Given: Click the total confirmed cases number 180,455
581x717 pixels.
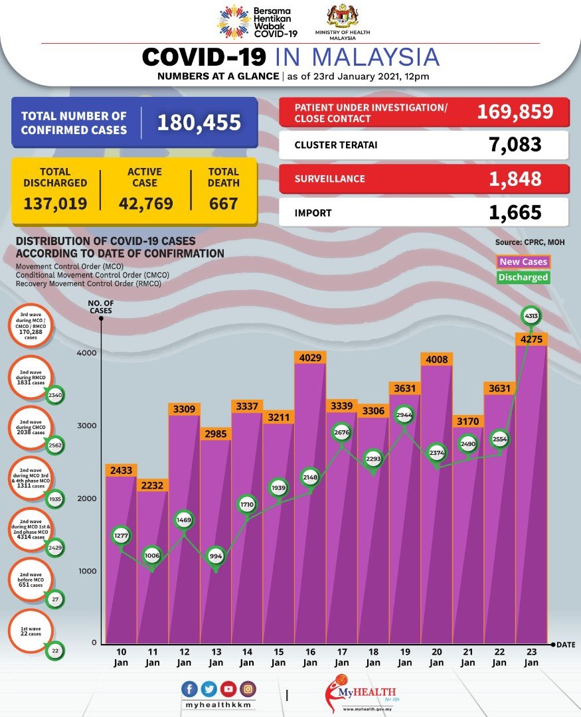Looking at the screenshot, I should pyautogui.click(x=199, y=123).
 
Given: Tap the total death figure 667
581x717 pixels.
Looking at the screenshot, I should pyautogui.click(x=223, y=203).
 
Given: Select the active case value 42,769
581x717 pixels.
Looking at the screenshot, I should pyautogui.click(x=145, y=203).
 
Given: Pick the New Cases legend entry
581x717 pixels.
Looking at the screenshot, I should pyautogui.click(x=523, y=262).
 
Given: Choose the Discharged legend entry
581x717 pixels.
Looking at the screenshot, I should pyautogui.click(x=523, y=278).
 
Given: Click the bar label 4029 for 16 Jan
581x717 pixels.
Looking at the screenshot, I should pyautogui.click(x=310, y=358).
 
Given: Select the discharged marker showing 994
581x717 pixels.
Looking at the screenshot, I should pyautogui.click(x=215, y=556).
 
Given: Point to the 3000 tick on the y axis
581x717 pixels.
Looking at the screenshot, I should pyautogui.click(x=89, y=426).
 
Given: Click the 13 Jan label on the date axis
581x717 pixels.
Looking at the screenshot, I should pyautogui.click(x=215, y=657).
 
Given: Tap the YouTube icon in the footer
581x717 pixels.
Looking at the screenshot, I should pyautogui.click(x=228, y=688).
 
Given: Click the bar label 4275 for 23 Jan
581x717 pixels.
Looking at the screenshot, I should pyautogui.click(x=531, y=340).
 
